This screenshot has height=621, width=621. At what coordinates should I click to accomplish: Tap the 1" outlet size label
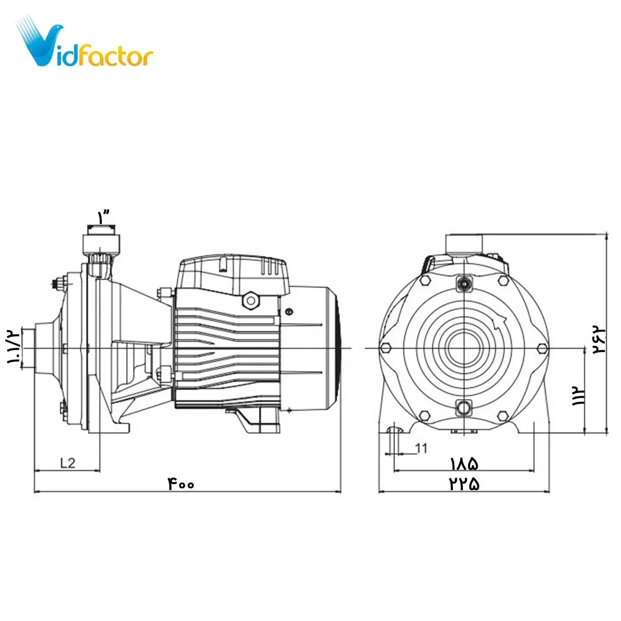point(103,216)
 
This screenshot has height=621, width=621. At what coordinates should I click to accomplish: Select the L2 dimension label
point(68,462)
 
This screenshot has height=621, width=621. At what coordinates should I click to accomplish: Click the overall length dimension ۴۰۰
point(181,483)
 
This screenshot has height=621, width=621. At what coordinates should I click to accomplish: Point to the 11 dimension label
point(421,448)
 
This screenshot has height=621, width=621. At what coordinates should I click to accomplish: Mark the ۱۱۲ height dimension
point(578,395)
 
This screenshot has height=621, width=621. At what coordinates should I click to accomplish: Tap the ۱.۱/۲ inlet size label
point(14,346)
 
